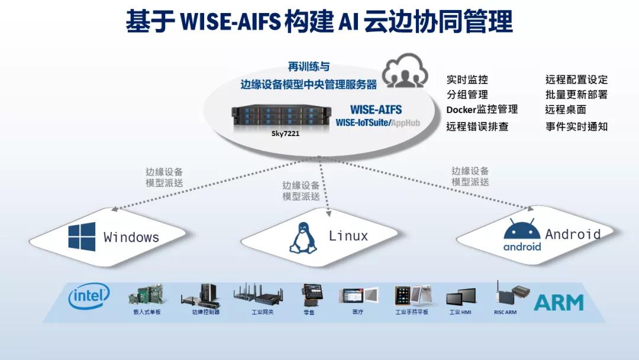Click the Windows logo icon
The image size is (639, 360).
click(82, 237)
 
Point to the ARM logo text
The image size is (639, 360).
click(559, 302)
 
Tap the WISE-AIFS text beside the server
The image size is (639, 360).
click(376, 110)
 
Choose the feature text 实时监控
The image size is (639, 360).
click(467, 79)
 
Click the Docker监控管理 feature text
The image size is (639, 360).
click(482, 110)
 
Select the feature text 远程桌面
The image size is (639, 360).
click(565, 110)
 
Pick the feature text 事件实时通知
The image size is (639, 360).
click(576, 126)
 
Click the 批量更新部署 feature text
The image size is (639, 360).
click(576, 95)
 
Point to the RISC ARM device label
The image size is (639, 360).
click(505, 312)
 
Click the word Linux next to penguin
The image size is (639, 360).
click(348, 236)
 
